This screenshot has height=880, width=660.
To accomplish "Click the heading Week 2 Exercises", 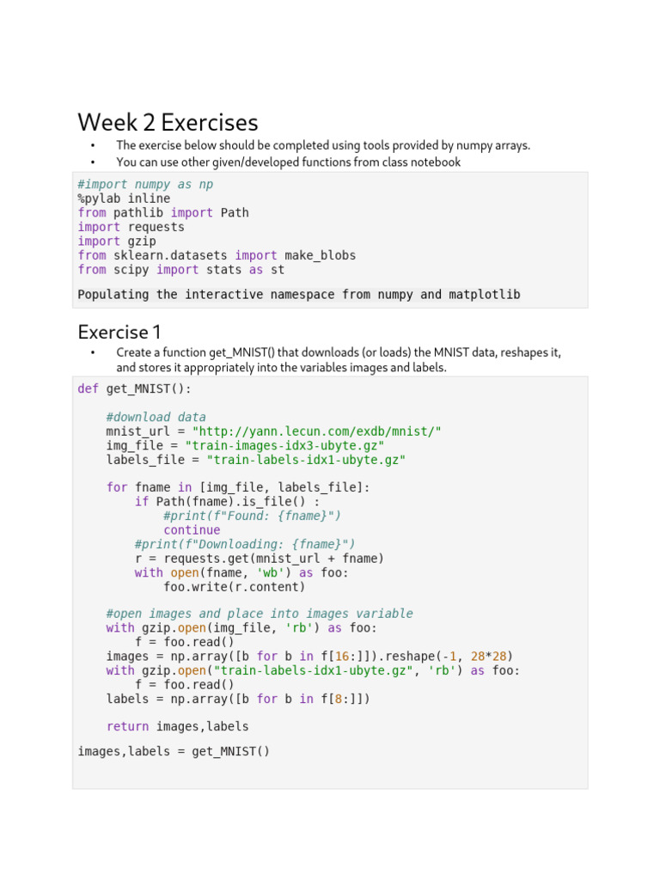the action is [168, 123].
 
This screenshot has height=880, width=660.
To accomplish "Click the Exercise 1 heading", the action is [119, 332].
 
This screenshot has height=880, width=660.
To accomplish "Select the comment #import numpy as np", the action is [145, 184].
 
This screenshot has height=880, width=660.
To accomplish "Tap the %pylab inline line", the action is [124, 199].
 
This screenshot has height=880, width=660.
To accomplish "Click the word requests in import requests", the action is [156, 227].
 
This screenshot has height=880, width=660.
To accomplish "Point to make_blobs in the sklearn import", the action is [320, 255].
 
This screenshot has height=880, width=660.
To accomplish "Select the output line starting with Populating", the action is [299, 295].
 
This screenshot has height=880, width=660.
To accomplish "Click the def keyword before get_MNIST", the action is [89, 388].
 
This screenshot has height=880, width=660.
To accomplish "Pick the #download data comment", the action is [156, 417].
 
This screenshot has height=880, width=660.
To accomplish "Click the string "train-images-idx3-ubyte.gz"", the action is [288, 445].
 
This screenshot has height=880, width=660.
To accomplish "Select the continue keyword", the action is [192, 530].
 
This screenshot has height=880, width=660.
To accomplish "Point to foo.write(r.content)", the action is [234, 587].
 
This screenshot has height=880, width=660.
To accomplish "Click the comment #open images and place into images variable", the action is [260, 614].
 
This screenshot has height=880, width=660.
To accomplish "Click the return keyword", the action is [127, 726].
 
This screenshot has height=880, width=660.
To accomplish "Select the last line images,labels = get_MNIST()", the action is [174, 751].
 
